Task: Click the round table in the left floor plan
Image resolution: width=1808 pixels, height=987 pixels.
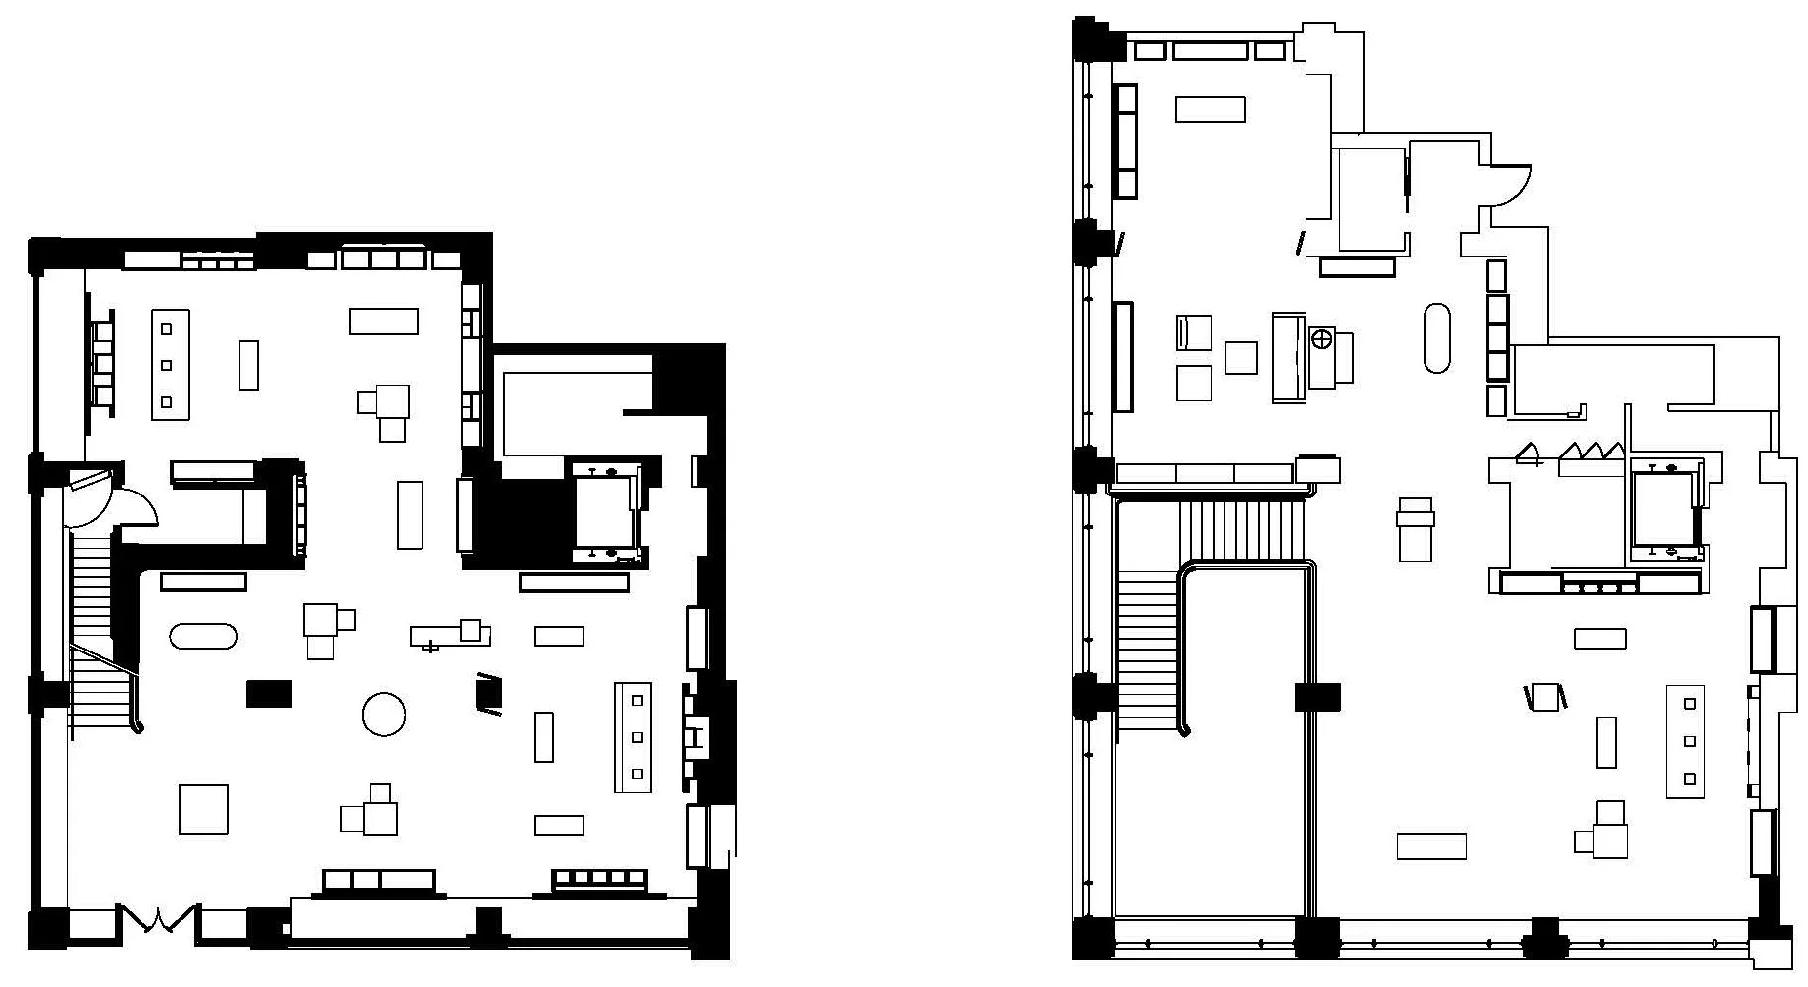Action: (x=383, y=714)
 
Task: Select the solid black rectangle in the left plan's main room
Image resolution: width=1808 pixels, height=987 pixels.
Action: (x=268, y=692)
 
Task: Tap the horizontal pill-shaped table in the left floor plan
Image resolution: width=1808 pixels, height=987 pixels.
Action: (x=203, y=636)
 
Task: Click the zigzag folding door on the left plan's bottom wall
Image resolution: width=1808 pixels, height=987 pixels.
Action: (x=158, y=918)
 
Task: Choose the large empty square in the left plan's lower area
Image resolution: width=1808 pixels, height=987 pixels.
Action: (x=204, y=809)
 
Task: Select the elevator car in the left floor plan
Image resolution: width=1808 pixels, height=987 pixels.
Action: (x=605, y=512)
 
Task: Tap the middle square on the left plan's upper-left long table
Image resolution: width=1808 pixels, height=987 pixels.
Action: (x=167, y=365)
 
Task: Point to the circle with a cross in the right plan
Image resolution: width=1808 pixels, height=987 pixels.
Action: (x=1322, y=339)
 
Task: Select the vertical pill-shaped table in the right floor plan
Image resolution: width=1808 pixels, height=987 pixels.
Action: (x=1436, y=338)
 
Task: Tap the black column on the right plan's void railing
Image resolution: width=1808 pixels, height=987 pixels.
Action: (x=1317, y=696)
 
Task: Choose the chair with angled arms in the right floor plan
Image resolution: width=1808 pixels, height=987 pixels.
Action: (x=1545, y=696)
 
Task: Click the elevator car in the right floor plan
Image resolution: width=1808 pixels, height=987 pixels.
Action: (x=1665, y=512)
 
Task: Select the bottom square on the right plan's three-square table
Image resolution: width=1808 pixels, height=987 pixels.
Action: (x=1690, y=778)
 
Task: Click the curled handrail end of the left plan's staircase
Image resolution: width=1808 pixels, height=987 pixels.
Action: (x=139, y=727)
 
